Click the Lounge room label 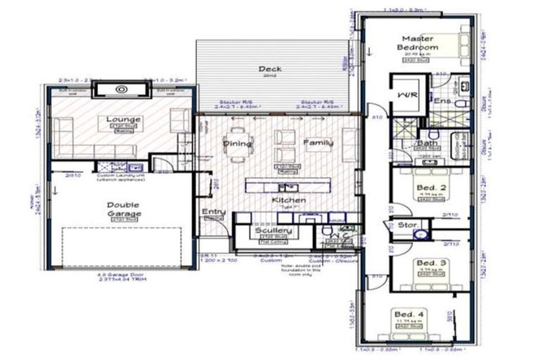coord(123,120)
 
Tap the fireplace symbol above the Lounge coord(121,89)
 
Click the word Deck coord(269,69)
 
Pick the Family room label coord(318,143)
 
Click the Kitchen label coord(288,201)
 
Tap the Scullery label coord(269,230)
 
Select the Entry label coord(213,212)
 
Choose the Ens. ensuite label coord(442,101)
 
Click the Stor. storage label coord(409,226)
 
